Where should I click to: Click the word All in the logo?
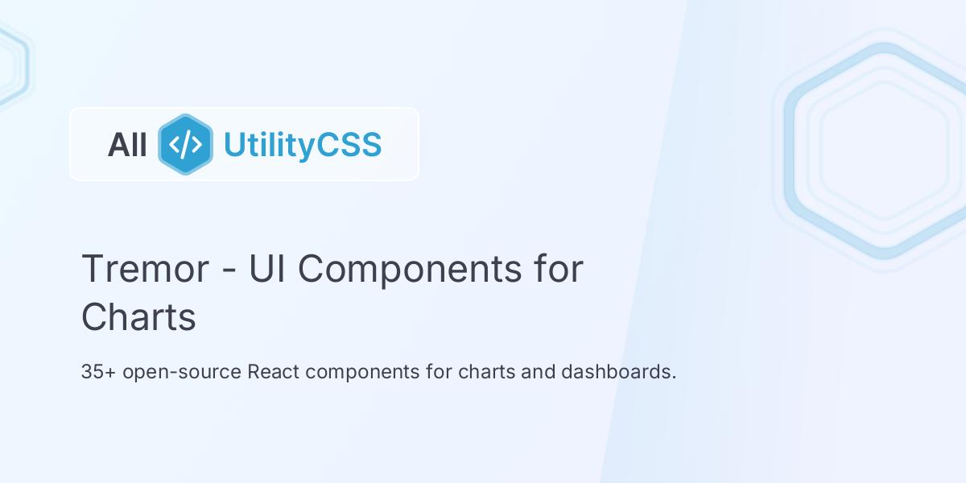tap(127, 145)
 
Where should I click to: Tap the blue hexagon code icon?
tap(185, 145)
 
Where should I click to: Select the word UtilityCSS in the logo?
tap(302, 145)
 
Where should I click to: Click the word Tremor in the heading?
tap(145, 269)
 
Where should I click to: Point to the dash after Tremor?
tap(229, 270)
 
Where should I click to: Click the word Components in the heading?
tap(410, 269)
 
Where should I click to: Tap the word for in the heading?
tap(558, 269)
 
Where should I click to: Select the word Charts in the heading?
tap(138, 317)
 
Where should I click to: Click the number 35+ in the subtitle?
tap(98, 373)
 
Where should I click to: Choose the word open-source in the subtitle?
tap(183, 373)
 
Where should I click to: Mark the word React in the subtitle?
tap(275, 373)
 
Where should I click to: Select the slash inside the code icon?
tap(185, 145)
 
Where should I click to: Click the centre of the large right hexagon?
tap(884, 151)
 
